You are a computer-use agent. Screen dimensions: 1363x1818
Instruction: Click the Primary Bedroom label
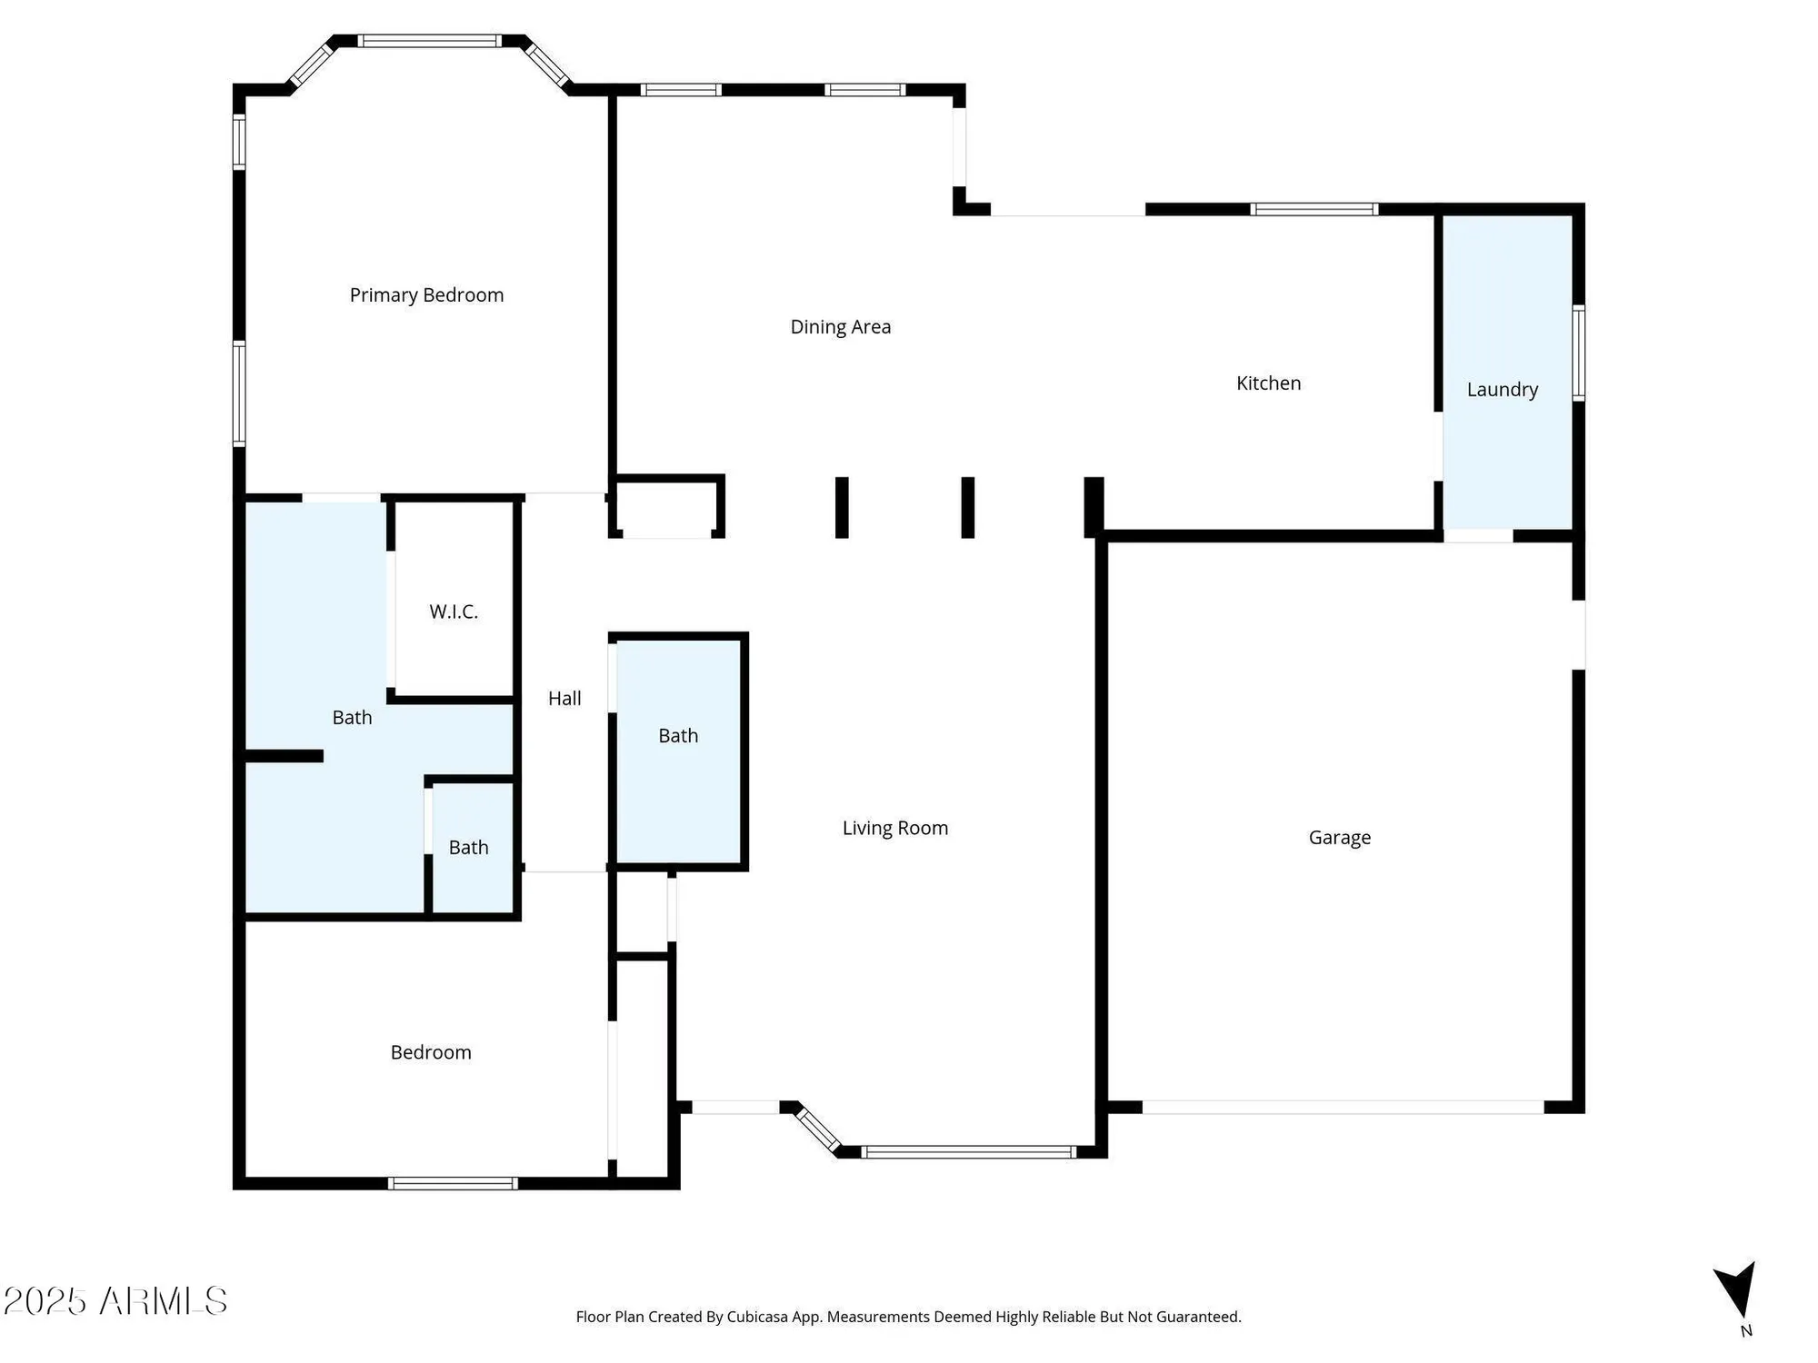[426, 295]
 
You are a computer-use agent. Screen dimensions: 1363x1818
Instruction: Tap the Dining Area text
[840, 327]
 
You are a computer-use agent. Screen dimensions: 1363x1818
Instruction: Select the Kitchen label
[1268, 383]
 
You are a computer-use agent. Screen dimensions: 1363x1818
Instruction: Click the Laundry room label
[1502, 390]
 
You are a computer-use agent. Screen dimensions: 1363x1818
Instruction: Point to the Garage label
[1339, 838]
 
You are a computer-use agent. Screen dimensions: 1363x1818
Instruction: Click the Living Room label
[894, 828]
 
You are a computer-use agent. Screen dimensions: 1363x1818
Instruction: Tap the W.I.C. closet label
[454, 612]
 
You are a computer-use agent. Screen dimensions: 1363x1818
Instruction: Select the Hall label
[564, 699]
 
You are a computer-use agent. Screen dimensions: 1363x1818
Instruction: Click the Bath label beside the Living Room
[678, 736]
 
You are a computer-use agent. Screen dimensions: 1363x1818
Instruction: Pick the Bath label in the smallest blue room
[468, 848]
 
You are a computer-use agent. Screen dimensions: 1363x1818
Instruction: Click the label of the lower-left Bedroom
[431, 1052]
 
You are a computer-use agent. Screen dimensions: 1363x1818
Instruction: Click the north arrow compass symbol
[1737, 1290]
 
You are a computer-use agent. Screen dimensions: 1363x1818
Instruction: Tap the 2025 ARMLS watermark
[115, 1301]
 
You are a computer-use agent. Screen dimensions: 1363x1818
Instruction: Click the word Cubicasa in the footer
[757, 1317]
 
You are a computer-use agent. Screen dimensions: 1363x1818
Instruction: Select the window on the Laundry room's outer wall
[1579, 353]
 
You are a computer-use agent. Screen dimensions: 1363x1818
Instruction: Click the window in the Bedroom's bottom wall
[453, 1183]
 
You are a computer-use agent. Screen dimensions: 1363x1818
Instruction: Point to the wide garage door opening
[1343, 1107]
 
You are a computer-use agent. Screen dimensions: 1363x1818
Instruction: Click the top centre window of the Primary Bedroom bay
[428, 41]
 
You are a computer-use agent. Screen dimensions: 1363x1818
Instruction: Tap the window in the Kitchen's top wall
[1314, 209]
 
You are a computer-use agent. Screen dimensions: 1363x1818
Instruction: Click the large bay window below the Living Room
[968, 1152]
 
